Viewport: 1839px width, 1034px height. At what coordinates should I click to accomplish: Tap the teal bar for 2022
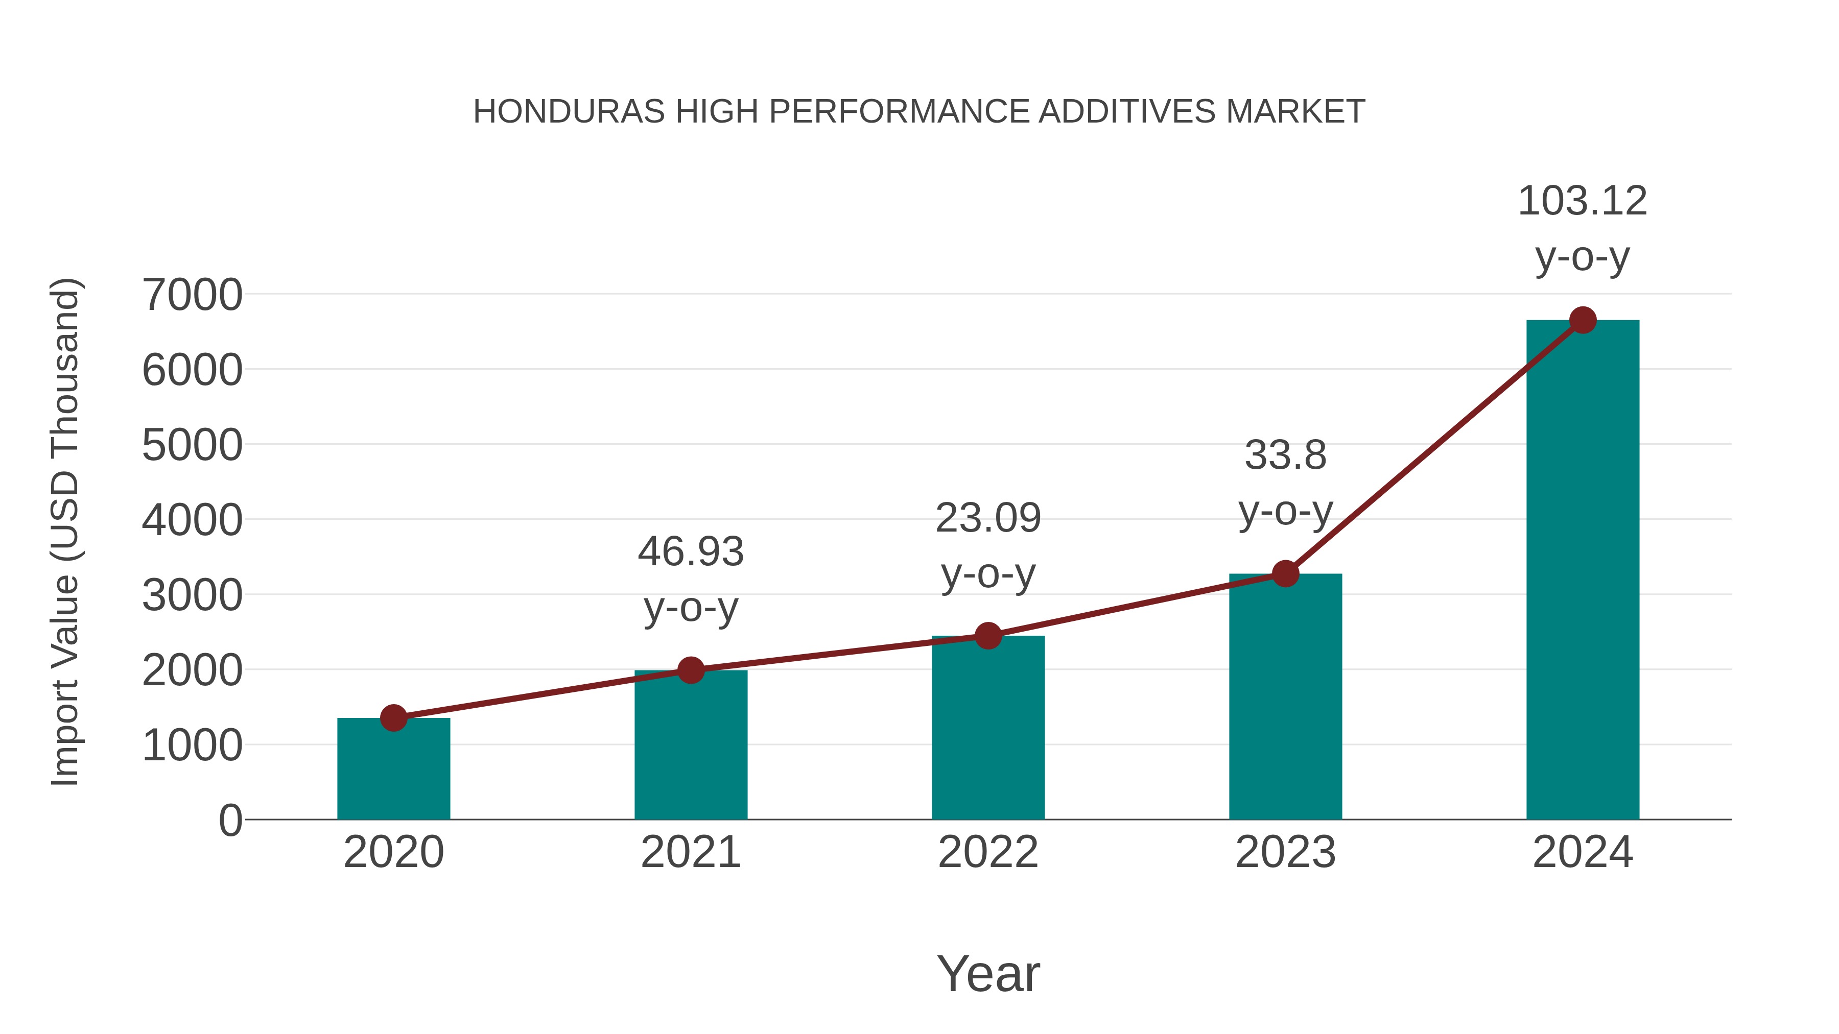[x=988, y=728]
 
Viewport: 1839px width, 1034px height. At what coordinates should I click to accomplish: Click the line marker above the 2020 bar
[x=393, y=718]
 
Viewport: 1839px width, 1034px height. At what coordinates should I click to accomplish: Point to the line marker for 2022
[x=988, y=635]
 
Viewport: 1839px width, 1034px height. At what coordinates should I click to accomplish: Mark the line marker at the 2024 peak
[x=1583, y=320]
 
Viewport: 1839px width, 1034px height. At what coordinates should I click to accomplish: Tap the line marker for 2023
[x=1285, y=574]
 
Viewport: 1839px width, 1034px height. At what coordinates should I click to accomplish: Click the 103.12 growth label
[x=1583, y=201]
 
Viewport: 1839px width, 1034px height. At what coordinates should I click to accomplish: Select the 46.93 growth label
[x=690, y=552]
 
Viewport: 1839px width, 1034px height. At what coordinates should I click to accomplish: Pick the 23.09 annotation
[x=988, y=518]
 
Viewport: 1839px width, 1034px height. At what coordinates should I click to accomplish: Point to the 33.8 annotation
[x=1285, y=455]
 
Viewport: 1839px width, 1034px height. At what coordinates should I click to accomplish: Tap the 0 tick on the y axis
[x=230, y=821]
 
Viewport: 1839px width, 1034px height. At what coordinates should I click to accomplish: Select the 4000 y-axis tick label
[x=192, y=520]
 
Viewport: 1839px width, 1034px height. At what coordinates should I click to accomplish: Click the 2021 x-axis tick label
[x=690, y=852]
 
